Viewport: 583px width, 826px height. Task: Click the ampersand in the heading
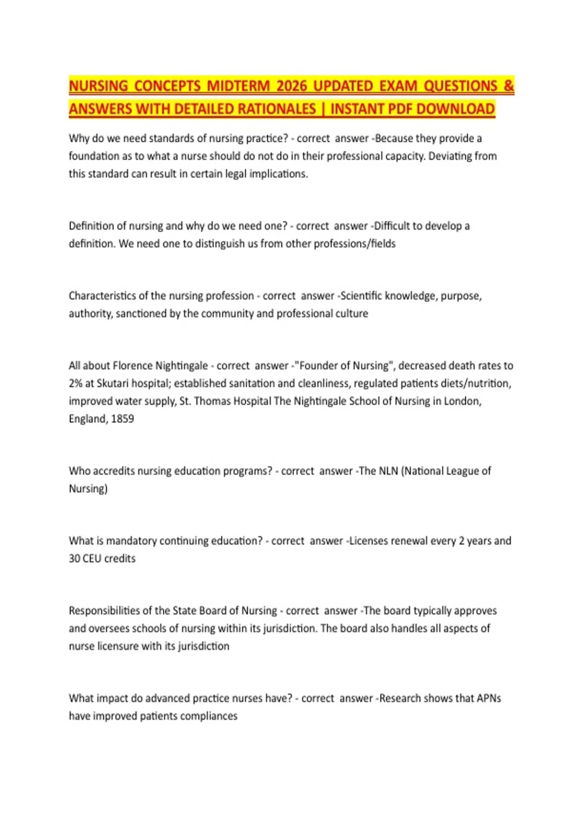click(509, 86)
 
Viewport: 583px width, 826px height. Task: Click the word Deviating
click(449, 156)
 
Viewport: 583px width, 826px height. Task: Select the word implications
click(278, 174)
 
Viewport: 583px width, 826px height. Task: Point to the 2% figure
click(75, 383)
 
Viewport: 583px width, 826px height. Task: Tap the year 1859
click(122, 419)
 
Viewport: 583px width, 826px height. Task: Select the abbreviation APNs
click(488, 698)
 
